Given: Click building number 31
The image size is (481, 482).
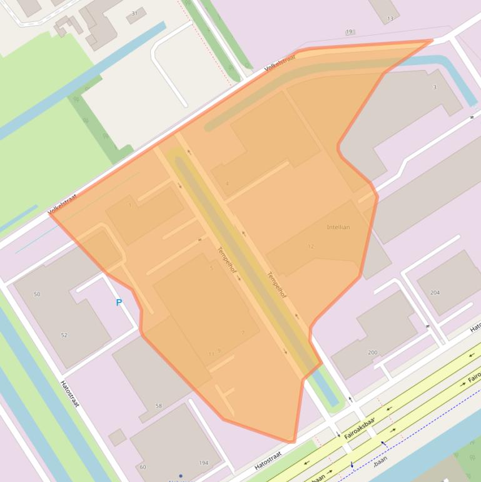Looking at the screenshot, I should (134, 13).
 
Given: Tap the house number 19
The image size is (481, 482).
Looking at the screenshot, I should (349, 32).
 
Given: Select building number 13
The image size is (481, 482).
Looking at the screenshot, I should (390, 19).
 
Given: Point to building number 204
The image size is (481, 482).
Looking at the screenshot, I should (435, 292).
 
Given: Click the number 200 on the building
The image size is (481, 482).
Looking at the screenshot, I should (373, 352).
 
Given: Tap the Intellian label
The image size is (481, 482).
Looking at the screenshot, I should (338, 227).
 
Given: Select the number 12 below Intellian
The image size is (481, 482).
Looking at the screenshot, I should (311, 247).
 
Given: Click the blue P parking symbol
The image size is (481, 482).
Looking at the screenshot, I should (119, 303).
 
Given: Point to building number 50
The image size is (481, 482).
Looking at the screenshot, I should (37, 294).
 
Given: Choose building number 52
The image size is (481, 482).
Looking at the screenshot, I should (64, 336).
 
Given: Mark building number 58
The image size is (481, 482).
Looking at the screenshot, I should (158, 406).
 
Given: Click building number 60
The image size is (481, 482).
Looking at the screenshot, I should (143, 467).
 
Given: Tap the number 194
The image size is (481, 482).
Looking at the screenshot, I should (203, 463).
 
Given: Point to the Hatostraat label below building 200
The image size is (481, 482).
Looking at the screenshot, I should (268, 460).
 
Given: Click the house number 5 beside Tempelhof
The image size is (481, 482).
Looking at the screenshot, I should (211, 268).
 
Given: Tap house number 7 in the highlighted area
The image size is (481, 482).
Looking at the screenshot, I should (243, 333).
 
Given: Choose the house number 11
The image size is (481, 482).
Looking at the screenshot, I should (211, 354).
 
